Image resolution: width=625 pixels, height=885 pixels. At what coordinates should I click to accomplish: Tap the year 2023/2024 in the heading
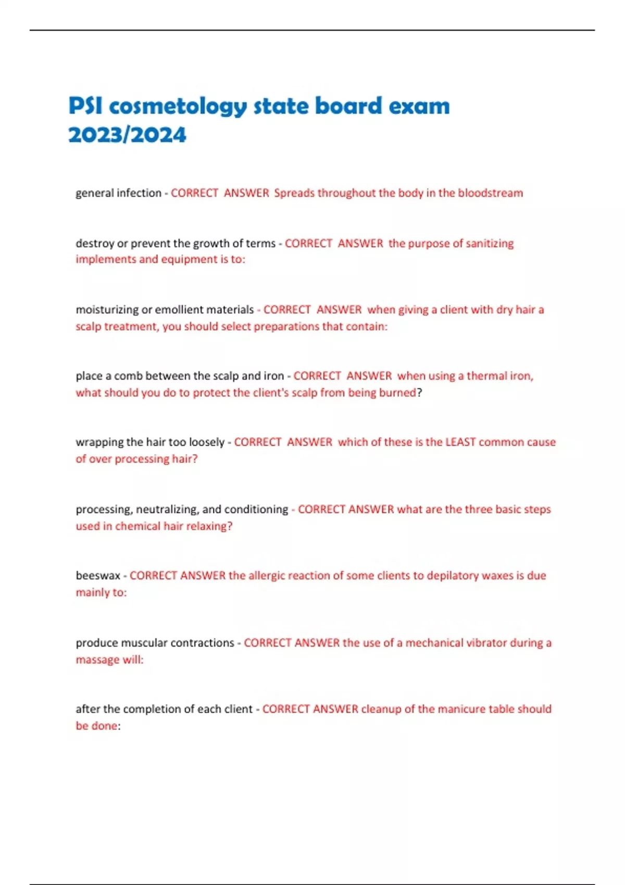[x=127, y=135]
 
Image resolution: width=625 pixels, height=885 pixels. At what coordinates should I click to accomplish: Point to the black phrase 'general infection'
[x=118, y=193]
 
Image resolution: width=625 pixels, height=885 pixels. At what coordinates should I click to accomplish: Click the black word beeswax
[x=98, y=576]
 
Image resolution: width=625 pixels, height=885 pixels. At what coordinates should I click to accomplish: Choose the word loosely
[x=207, y=442]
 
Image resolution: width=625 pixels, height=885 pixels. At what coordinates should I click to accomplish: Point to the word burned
[x=398, y=393]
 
